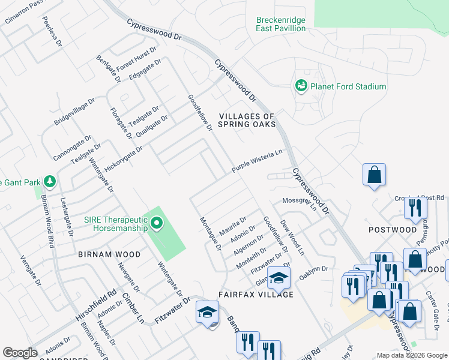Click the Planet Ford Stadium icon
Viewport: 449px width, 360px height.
[301, 86]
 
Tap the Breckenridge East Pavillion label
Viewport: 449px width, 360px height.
[281, 23]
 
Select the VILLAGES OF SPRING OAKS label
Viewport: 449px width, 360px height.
[247, 120]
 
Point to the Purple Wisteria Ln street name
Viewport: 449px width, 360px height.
[257, 161]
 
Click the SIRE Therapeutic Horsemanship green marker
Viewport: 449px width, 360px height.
[157, 224]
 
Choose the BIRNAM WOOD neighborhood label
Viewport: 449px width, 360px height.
[109, 254]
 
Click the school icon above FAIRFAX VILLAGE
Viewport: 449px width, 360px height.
[279, 277]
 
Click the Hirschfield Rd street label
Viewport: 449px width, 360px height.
[96, 308]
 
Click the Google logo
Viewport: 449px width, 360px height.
[20, 353]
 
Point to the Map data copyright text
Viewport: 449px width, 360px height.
[411, 355]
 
